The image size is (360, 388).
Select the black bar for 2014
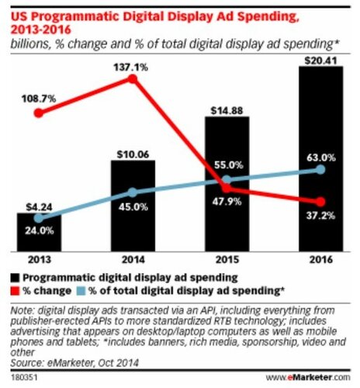tap(133, 206)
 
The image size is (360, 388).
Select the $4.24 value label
tap(39, 206)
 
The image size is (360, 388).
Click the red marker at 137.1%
tap(133, 78)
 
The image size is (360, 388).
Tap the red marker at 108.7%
tap(39, 113)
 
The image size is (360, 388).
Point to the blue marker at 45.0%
tap(133, 192)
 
